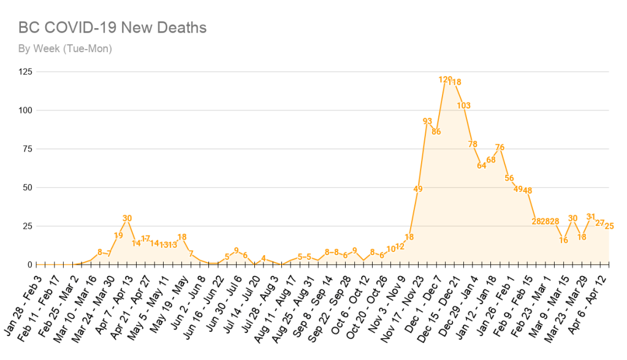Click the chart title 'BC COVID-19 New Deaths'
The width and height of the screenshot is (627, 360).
click(x=112, y=28)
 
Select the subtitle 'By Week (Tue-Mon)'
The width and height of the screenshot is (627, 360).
click(x=65, y=48)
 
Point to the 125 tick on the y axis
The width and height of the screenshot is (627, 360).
click(x=25, y=72)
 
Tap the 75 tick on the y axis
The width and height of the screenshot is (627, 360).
click(x=28, y=149)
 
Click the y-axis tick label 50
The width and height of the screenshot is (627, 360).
click(x=28, y=187)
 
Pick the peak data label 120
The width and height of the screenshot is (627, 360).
click(x=445, y=80)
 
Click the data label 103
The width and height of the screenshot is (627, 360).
click(x=463, y=105)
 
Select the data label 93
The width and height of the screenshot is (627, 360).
click(x=428, y=121)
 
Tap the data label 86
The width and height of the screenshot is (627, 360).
click(x=436, y=131)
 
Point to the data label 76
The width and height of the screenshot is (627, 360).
click(x=500, y=147)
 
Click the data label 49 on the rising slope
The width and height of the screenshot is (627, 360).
click(x=418, y=189)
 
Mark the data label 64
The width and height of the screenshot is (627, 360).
click(x=481, y=166)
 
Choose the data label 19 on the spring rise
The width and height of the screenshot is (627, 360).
click(x=118, y=235)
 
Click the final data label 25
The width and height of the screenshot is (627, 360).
click(x=609, y=226)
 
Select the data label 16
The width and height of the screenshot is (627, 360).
click(x=563, y=240)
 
